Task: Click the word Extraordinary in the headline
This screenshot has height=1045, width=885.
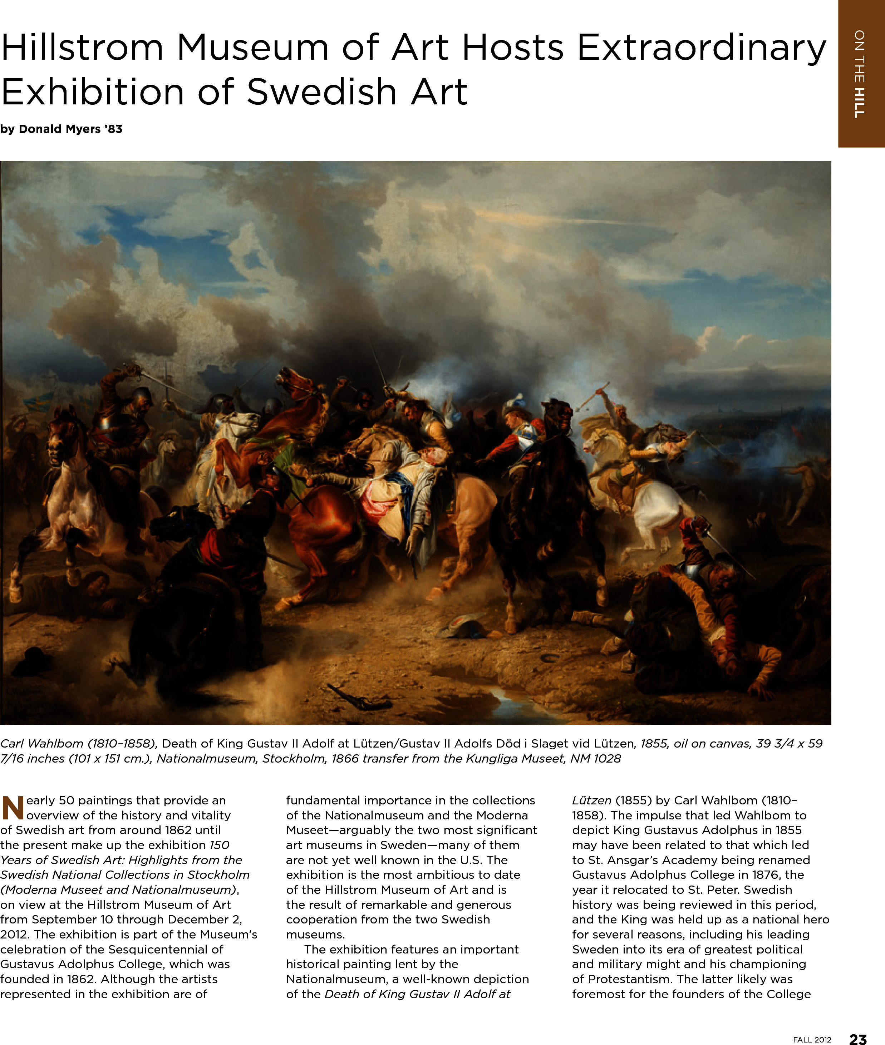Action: pos(701,48)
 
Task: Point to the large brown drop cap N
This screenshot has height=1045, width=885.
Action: pos(13,807)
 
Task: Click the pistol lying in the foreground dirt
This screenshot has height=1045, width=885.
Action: pos(359,698)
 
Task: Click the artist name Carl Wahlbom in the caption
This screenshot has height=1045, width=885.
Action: pos(41,744)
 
